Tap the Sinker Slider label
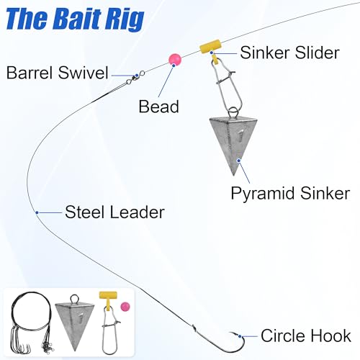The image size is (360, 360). point(289,53)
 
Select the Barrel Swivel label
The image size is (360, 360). point(58,73)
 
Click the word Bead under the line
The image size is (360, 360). point(159,107)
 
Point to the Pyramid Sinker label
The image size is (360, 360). point(290,194)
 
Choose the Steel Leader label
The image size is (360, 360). point(114,212)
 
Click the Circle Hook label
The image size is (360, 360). point(306,336)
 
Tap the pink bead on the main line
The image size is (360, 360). point(175,60)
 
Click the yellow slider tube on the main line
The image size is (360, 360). point(210,46)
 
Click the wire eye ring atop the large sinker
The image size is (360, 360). point(233,112)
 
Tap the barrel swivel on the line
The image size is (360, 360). point(135,78)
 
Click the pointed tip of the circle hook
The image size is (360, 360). point(230,333)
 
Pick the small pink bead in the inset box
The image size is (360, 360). point(125,307)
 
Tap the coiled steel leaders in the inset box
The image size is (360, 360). point(32,323)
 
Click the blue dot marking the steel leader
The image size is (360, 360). point(37,212)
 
